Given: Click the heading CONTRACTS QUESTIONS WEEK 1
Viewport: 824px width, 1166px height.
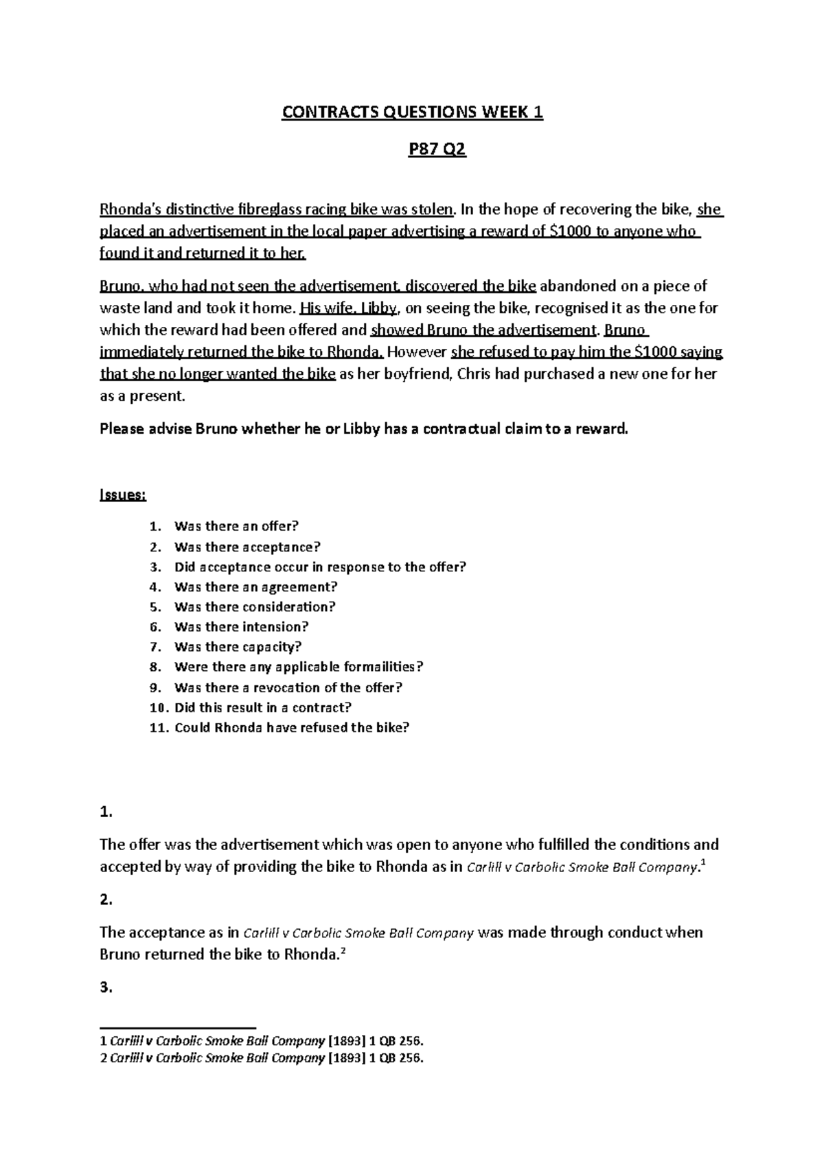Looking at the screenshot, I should pyautogui.click(x=412, y=113).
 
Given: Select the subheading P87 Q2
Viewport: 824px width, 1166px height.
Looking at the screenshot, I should pyautogui.click(x=437, y=150).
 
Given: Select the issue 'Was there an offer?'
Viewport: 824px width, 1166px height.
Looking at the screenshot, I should pyautogui.click(x=236, y=527).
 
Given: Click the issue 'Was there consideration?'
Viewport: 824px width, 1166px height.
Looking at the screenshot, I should pyautogui.click(x=254, y=607).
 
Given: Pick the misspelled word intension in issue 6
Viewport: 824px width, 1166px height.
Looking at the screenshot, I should pyautogui.click(x=282, y=627).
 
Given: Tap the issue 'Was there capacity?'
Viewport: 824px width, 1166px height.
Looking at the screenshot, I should pyautogui.click(x=238, y=647).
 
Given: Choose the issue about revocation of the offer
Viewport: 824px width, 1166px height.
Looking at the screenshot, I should pyautogui.click(x=288, y=687).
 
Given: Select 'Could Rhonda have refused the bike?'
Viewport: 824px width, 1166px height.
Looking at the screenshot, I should pyautogui.click(x=291, y=728).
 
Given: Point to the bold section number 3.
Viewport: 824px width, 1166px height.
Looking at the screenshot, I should pyautogui.click(x=106, y=987).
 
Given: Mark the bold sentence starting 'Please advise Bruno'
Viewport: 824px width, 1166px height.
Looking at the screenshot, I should pyautogui.click(x=364, y=430).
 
